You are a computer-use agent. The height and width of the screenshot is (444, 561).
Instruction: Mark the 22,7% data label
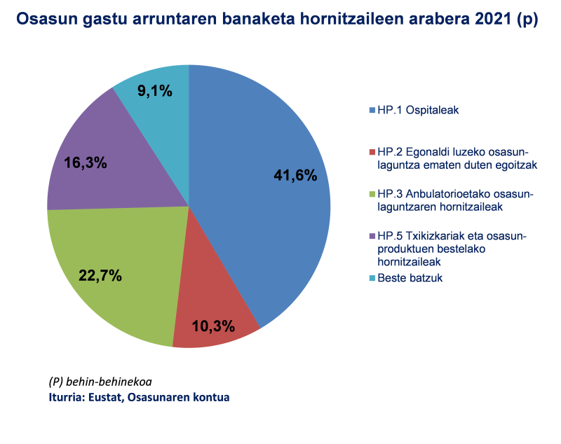click(100, 275)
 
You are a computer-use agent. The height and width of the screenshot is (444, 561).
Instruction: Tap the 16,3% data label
click(86, 162)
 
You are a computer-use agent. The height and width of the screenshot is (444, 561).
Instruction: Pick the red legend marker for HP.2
click(372, 152)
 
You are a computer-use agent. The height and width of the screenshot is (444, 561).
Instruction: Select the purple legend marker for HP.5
click(372, 237)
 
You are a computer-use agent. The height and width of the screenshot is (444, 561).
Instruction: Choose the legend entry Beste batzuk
click(410, 278)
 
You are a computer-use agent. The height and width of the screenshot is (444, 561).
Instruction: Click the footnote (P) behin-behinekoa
click(100, 382)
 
